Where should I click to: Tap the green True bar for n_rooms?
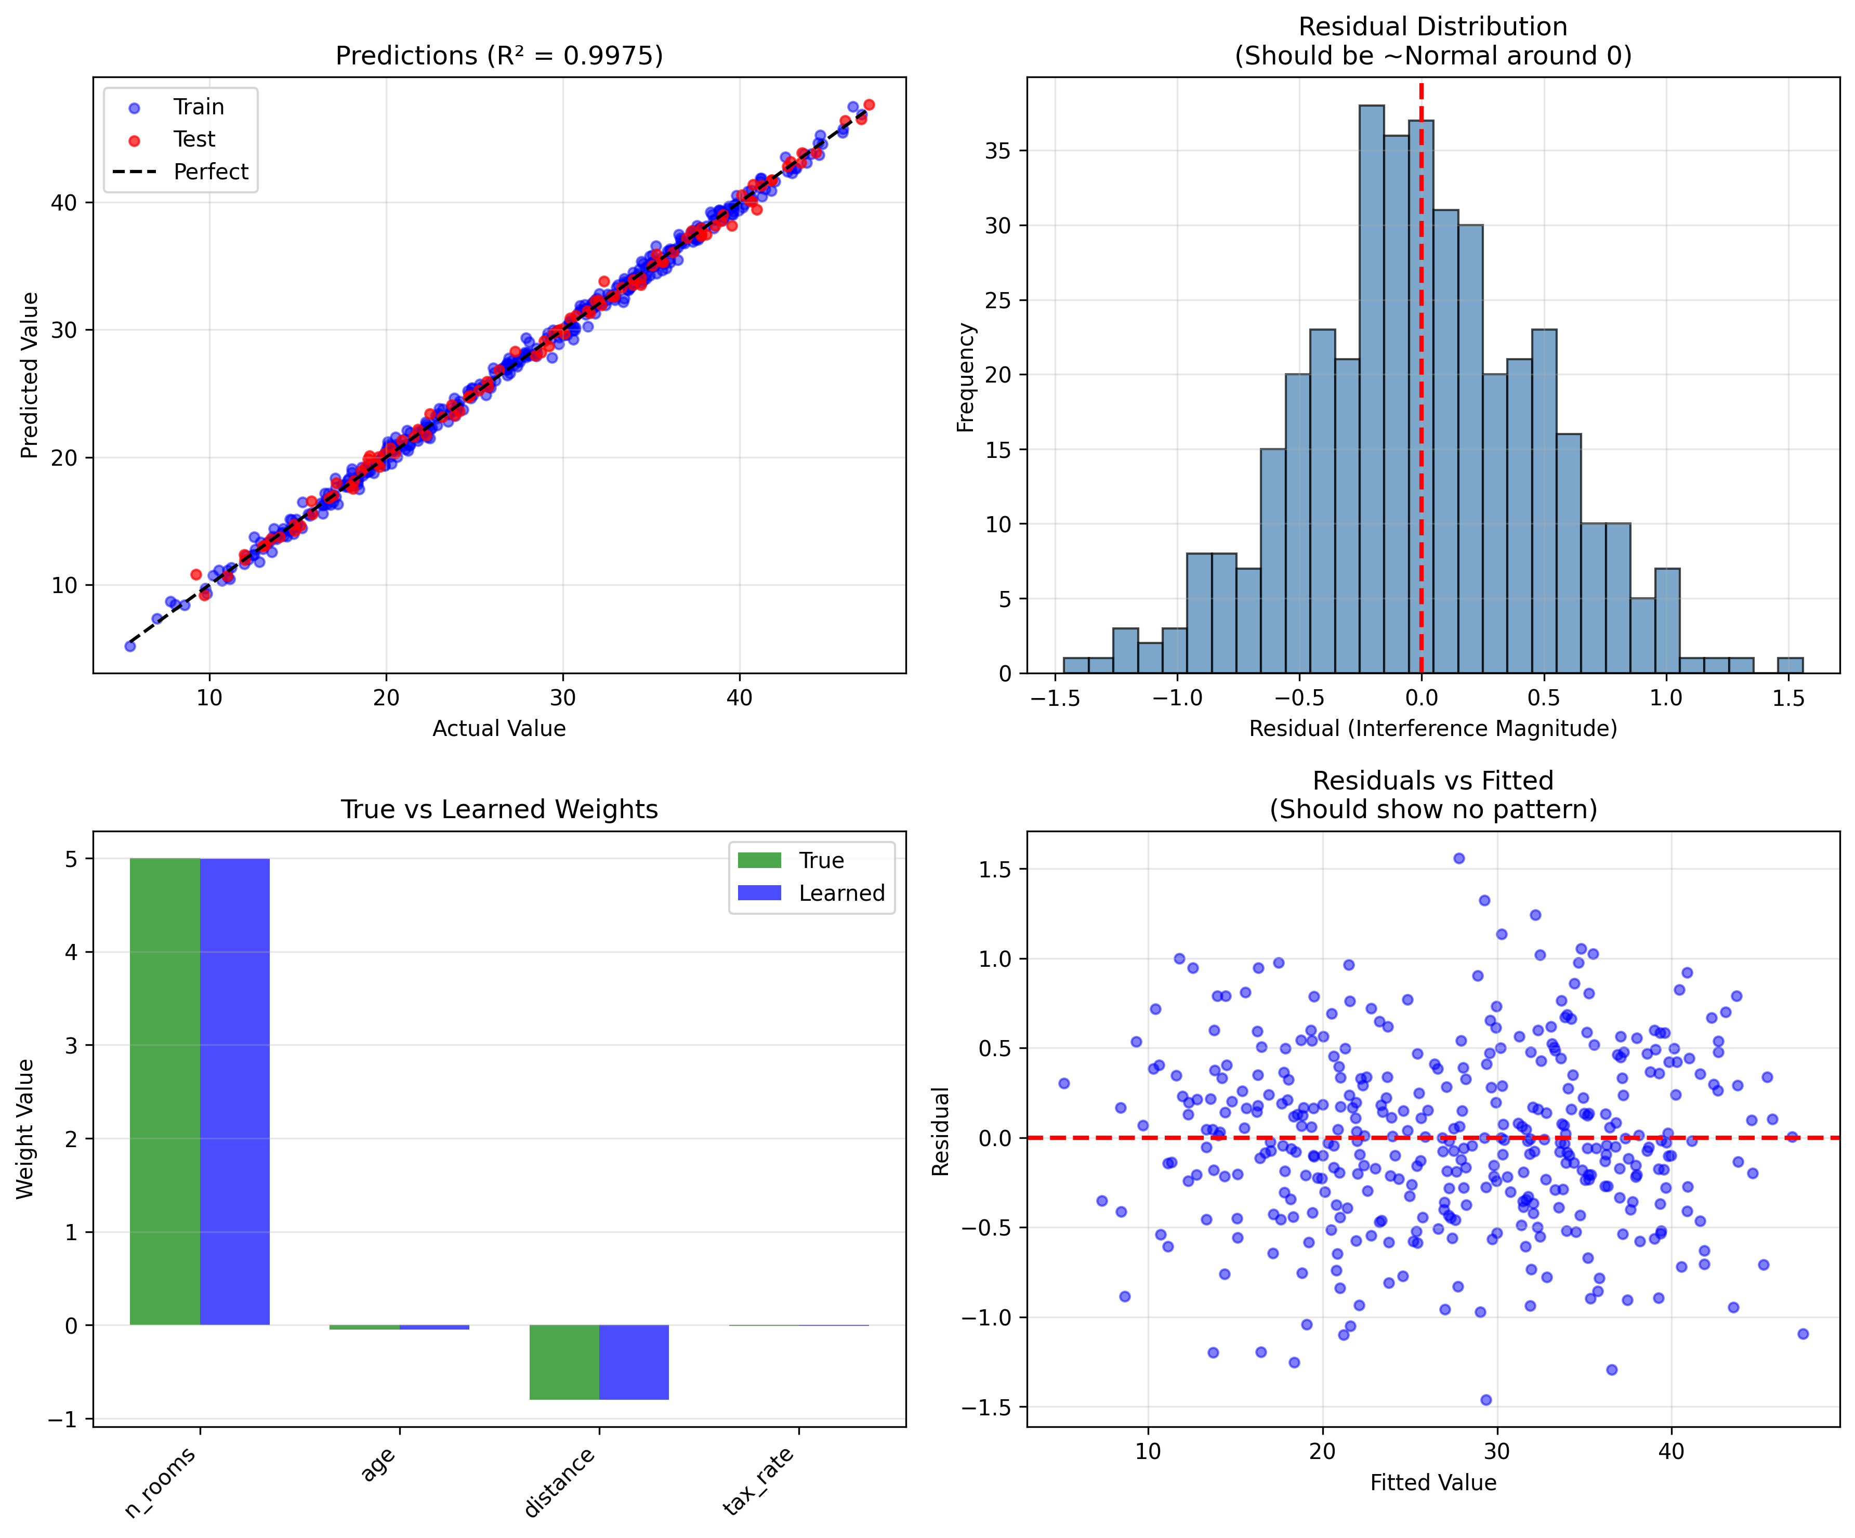click(x=165, y=1091)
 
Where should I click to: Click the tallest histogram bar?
click(x=1372, y=389)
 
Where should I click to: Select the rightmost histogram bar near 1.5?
click(x=1790, y=665)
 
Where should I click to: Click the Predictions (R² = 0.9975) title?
click(x=499, y=56)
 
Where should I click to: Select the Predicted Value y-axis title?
click(x=30, y=375)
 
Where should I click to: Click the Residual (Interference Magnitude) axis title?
click(x=1433, y=729)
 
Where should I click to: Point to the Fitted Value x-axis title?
click(x=1433, y=1482)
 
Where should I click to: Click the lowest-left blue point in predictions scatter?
click(x=130, y=646)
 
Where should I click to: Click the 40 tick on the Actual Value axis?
click(x=740, y=699)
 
